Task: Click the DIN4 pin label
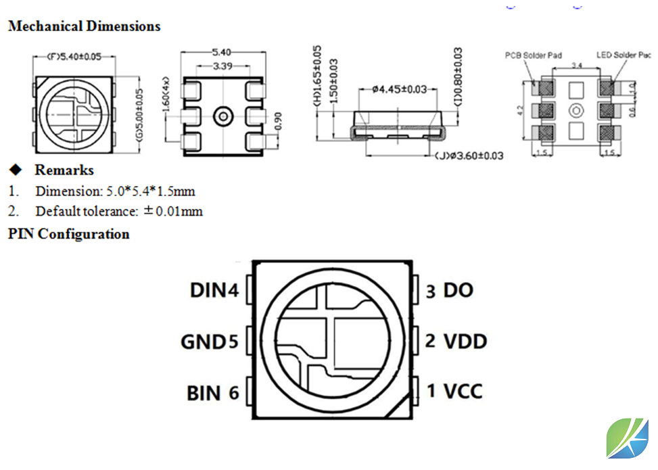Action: click(x=214, y=291)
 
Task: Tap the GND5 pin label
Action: click(x=210, y=342)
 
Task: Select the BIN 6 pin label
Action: click(x=213, y=392)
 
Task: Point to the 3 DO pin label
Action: click(x=449, y=291)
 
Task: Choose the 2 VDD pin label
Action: click(x=456, y=341)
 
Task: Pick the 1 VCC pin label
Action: click(x=454, y=391)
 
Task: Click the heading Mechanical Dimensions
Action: click(x=85, y=26)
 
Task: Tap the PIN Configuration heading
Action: click(x=68, y=234)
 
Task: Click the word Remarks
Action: click(x=64, y=170)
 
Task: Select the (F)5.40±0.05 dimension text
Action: click(x=74, y=57)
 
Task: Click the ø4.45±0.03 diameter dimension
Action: click(x=400, y=89)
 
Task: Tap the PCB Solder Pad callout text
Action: click(x=533, y=55)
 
